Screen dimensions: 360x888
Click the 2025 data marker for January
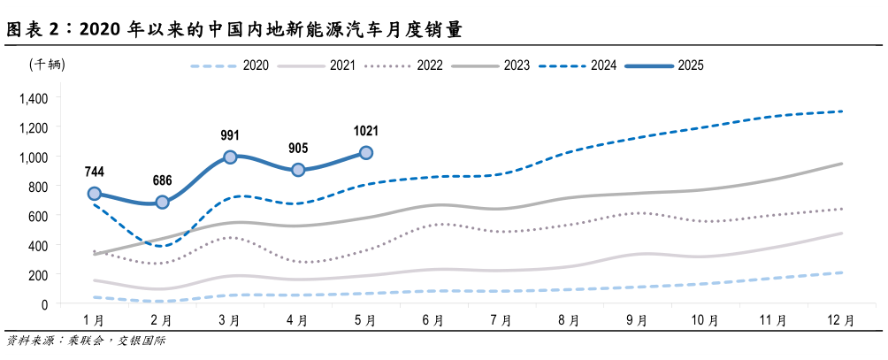pos(95,194)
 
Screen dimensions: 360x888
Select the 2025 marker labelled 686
pos(162,202)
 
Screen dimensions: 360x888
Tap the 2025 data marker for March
pos(230,157)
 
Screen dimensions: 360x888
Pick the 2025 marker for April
pos(298,170)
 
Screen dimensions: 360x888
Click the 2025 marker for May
pos(365,153)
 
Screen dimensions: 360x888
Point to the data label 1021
pos(365,130)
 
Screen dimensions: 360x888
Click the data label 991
pos(230,134)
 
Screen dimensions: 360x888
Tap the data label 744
pos(95,171)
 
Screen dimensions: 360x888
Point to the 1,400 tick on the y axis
pos(33,97)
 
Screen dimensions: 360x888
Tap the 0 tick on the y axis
pos(45,303)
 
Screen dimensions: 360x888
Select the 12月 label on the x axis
pos(841,320)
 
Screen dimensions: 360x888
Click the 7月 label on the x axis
pos(501,320)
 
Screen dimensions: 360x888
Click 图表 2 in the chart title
pos(36,29)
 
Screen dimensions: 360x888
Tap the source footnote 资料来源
pos(29,341)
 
